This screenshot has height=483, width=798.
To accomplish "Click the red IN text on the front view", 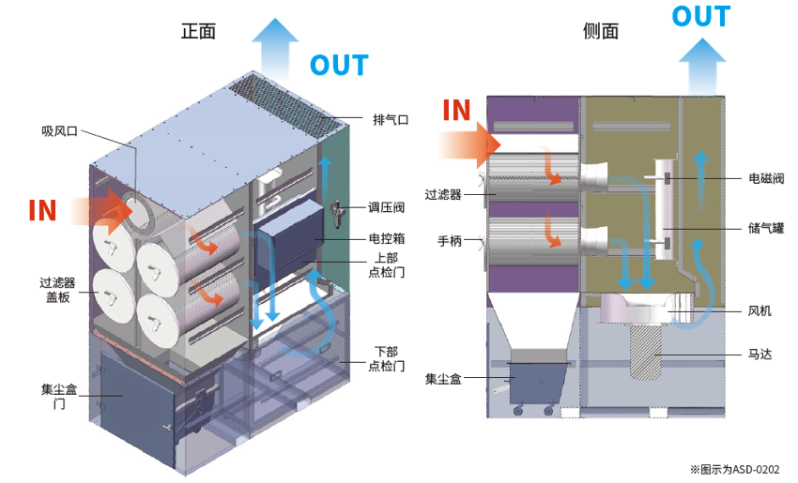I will [x=42, y=209].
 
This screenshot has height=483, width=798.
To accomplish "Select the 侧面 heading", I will [x=601, y=31].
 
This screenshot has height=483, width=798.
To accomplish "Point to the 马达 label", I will [x=760, y=355].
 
